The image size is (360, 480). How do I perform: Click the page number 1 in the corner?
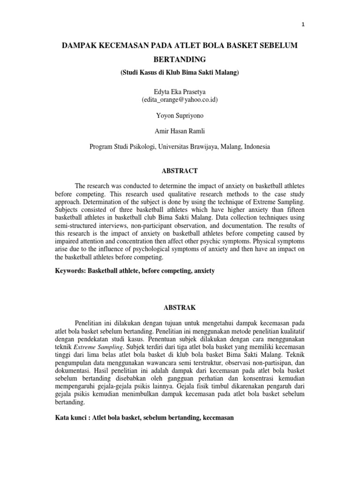[304, 25]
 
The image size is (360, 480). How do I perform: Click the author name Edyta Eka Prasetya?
[180, 92]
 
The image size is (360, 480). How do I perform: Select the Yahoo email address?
[180, 100]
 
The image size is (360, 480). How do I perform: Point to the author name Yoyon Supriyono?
[180, 116]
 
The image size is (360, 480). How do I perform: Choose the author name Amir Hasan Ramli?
[180, 132]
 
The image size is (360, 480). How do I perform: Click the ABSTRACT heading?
[180, 171]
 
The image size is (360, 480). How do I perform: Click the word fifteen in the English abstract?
[294, 210]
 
